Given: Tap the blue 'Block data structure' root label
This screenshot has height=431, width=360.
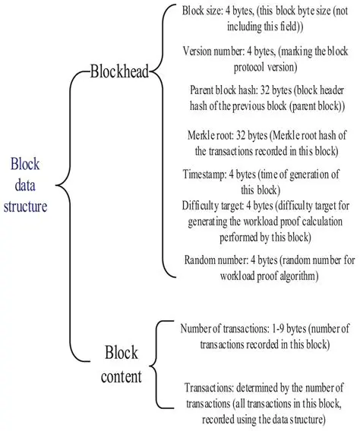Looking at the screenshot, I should coord(29,184).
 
